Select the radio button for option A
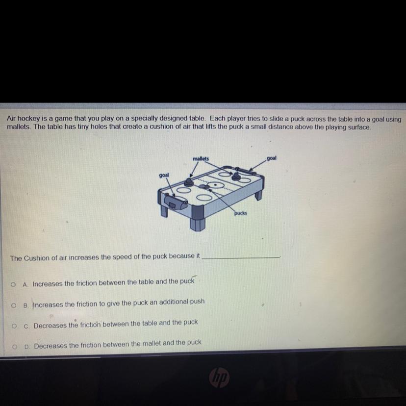click(13, 284)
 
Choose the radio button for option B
click(14, 305)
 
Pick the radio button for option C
click(14, 326)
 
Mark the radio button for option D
click(15, 347)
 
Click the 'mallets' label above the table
click(201, 158)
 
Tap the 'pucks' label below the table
click(241, 213)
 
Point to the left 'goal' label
click(164, 175)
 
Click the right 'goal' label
click(271, 158)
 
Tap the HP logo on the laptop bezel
click(219, 378)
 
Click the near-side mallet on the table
click(189, 182)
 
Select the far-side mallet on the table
click(236, 177)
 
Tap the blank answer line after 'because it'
click(241, 257)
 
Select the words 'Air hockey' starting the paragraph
click(23, 119)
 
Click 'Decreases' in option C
click(50, 326)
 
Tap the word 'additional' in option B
click(174, 302)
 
